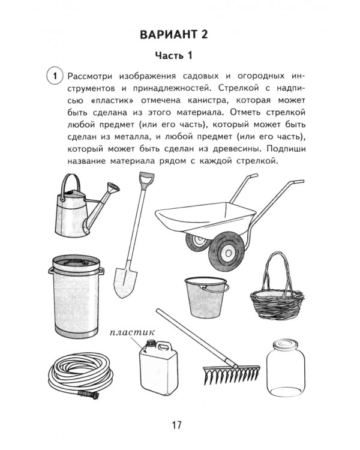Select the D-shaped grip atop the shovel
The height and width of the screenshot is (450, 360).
point(145,180)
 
